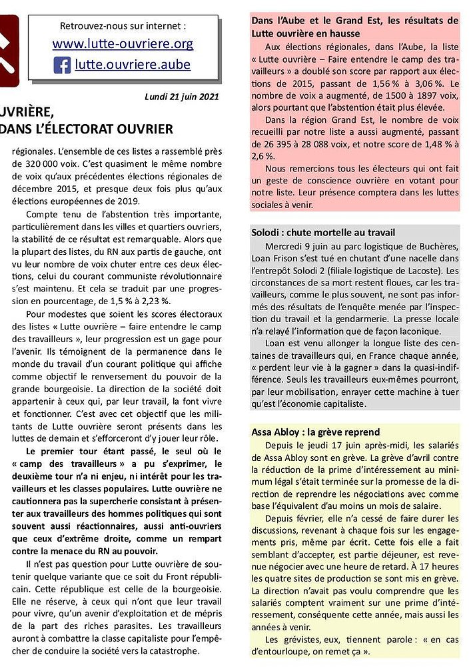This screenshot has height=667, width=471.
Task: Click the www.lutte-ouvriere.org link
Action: (123, 45)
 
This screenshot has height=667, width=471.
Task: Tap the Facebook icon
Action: (62, 65)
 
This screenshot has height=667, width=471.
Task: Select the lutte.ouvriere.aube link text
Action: (133, 65)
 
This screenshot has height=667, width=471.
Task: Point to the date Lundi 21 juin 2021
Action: (182, 97)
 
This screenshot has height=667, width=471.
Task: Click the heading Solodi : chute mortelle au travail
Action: (323, 232)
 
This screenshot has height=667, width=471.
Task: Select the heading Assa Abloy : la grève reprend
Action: (315, 432)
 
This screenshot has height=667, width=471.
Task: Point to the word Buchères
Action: (436, 245)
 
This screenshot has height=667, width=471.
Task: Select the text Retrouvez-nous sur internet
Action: (123, 26)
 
